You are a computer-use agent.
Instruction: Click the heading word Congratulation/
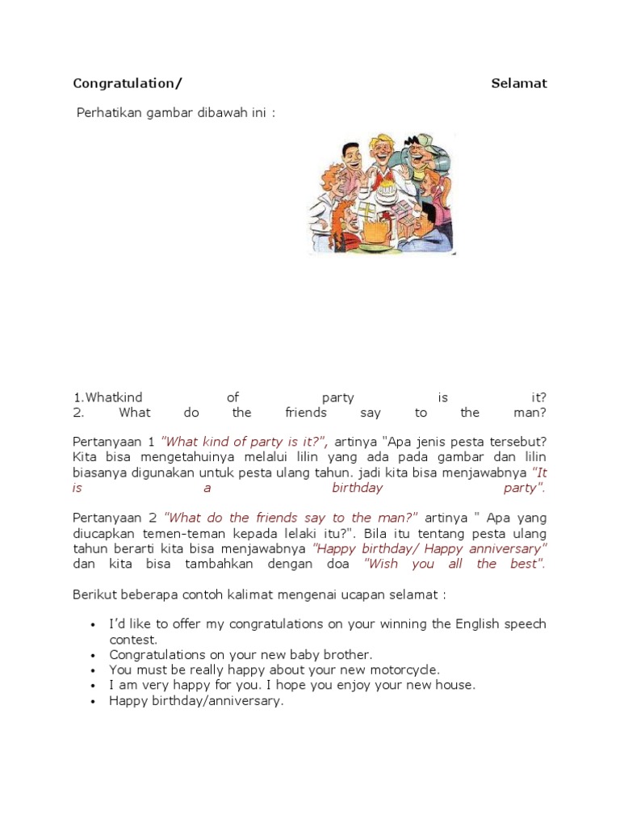pos(128,83)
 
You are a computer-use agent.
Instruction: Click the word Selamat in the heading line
pos(519,83)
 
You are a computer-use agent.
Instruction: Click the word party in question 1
pos(337,397)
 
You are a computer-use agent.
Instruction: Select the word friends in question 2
pos(306,413)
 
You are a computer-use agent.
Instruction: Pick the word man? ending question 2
pos(530,413)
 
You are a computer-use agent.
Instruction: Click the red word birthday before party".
pos(358,488)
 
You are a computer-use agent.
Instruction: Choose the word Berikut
pos(95,594)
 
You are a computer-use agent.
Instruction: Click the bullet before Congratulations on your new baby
pos(94,655)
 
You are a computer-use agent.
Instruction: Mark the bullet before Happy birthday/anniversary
pos(94,701)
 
